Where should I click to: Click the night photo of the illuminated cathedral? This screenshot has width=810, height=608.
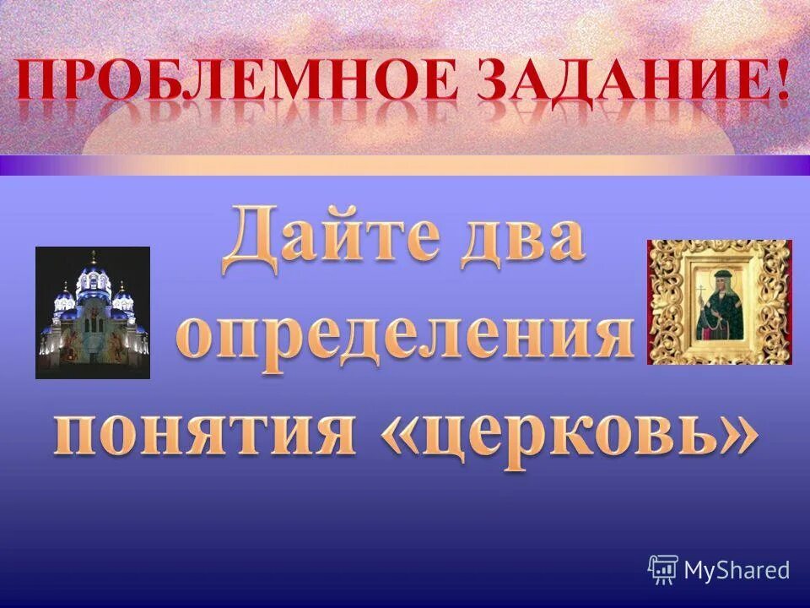[x=93, y=312]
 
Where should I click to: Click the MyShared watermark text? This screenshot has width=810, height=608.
[x=737, y=570]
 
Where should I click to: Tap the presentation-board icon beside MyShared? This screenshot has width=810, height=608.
[x=663, y=570]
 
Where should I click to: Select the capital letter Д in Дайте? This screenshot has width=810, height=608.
[x=252, y=241]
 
